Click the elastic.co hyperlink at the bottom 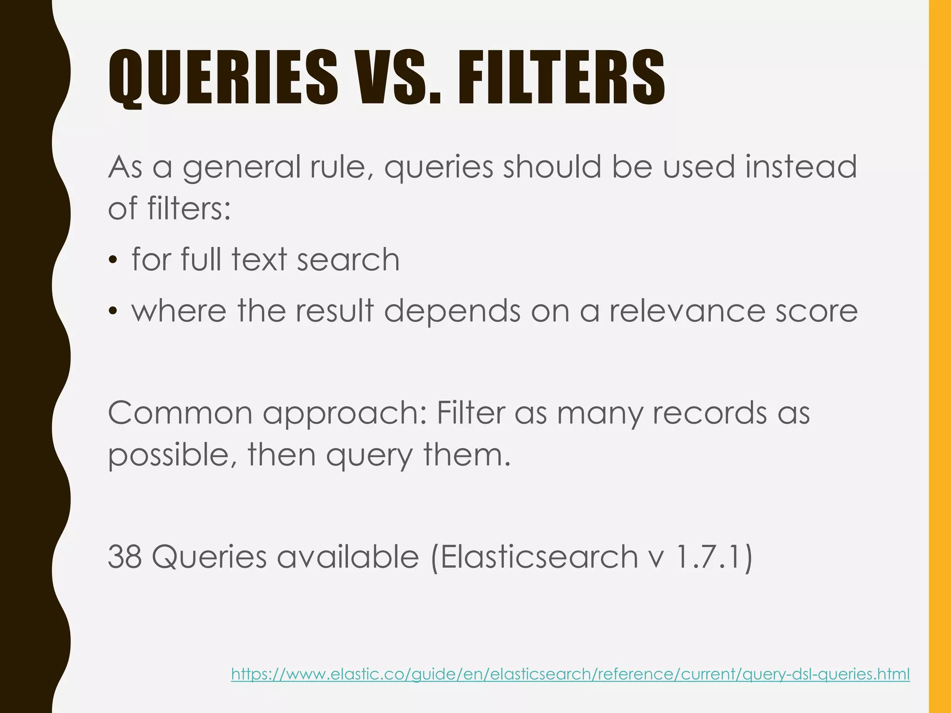(x=570, y=674)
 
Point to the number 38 (x=124, y=557)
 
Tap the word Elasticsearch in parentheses (x=539, y=557)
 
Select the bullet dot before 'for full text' (x=112, y=260)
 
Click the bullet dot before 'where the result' (x=112, y=311)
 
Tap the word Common (x=180, y=412)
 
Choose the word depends (x=452, y=311)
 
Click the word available (x=348, y=557)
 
